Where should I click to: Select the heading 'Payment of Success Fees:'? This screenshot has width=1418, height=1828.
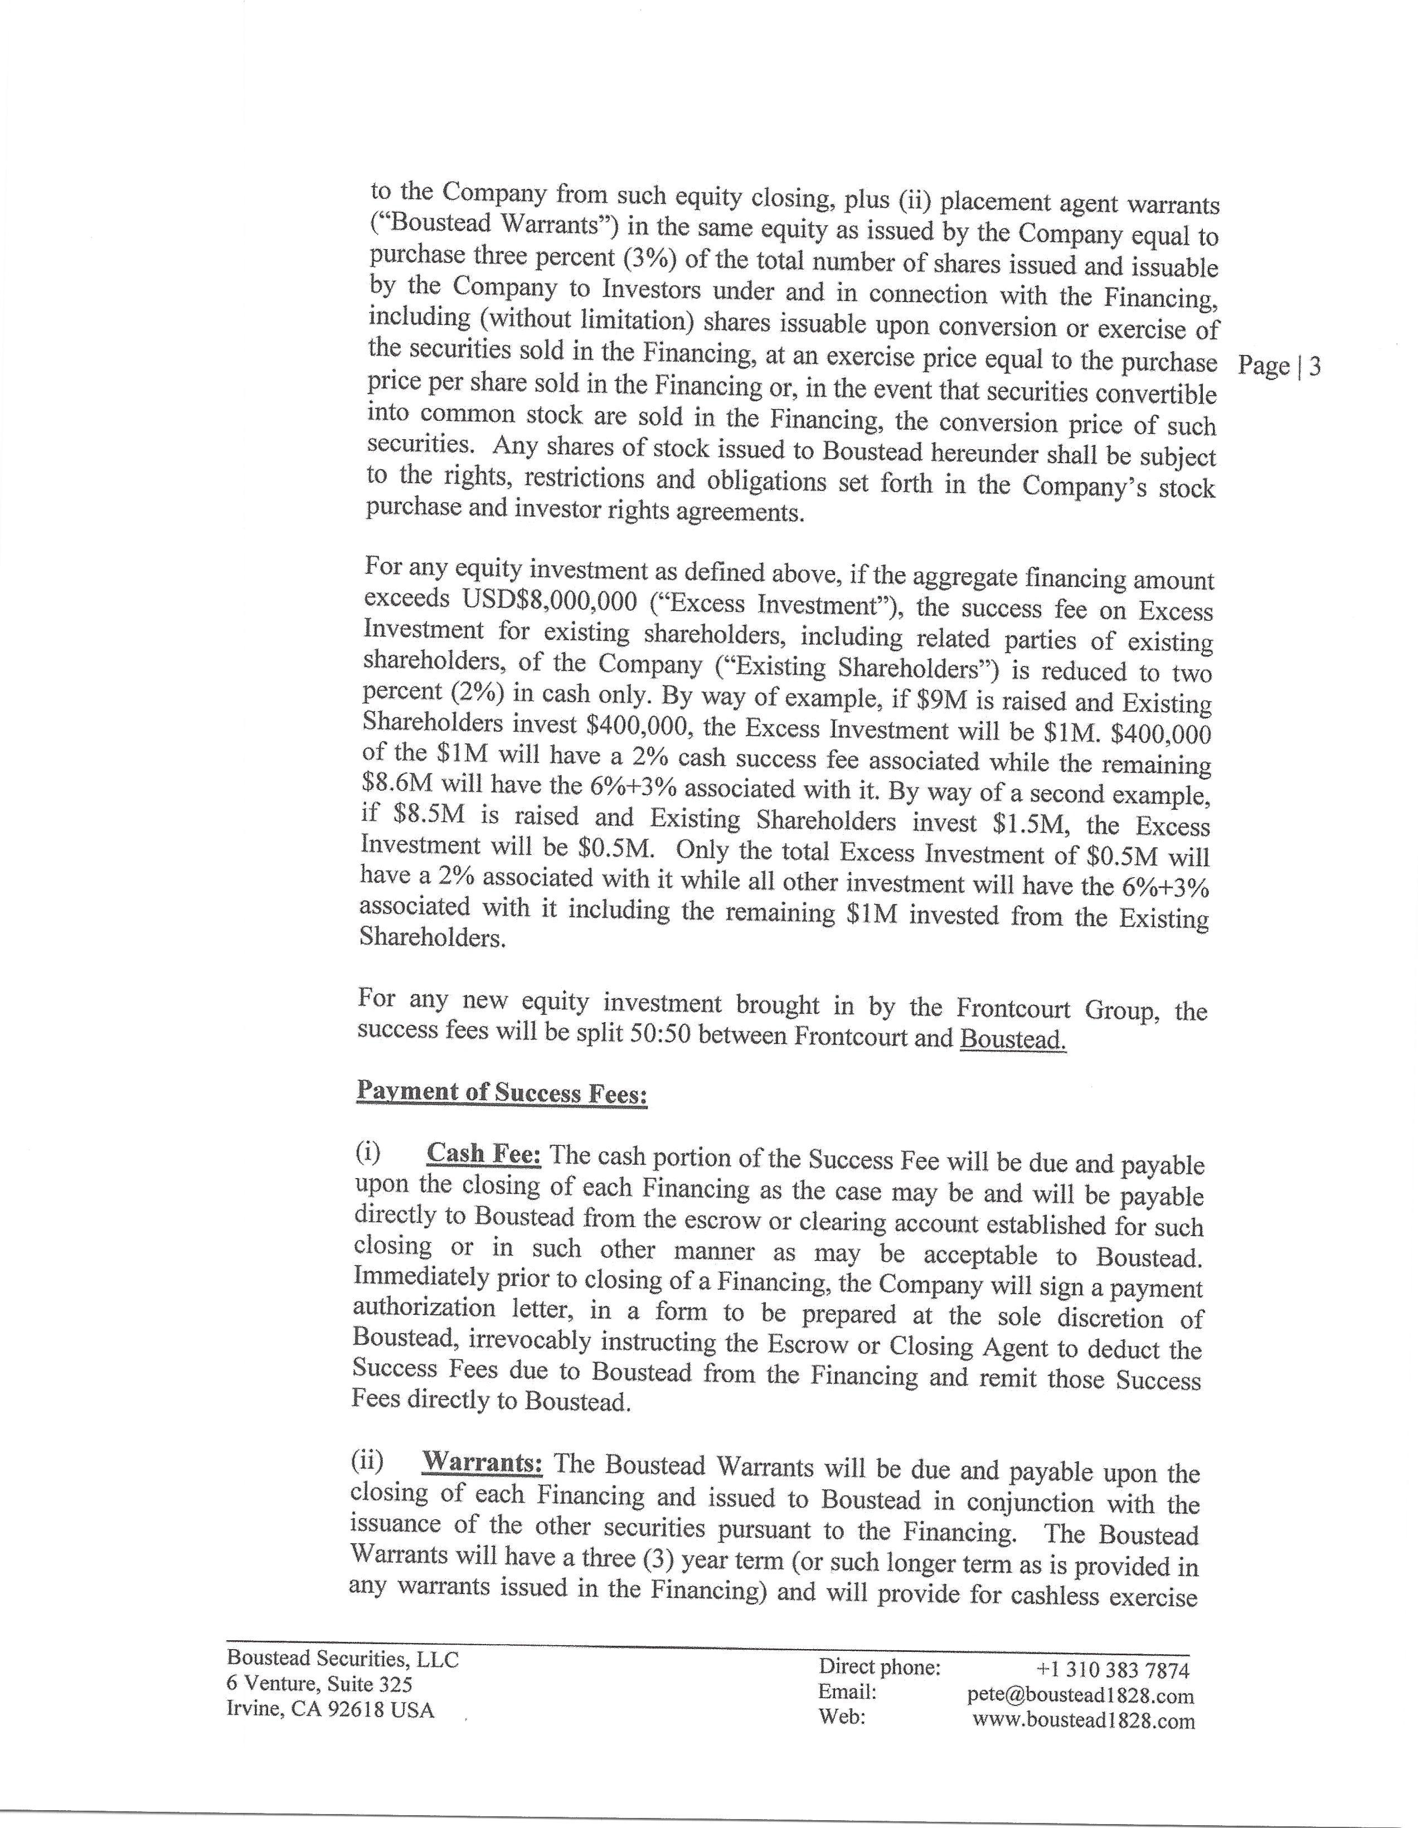coord(502,1092)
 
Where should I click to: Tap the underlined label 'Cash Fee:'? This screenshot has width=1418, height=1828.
coord(484,1154)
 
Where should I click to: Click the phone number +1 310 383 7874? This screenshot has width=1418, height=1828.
coord(1113,1670)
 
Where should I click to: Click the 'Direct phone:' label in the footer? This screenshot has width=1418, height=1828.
coord(880,1667)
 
